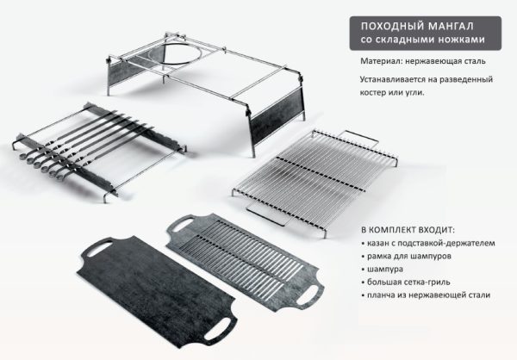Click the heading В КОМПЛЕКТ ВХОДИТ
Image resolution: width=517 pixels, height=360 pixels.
(408, 230)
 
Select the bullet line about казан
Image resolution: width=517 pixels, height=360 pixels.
(428, 243)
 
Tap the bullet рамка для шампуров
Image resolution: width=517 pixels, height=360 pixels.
(407, 256)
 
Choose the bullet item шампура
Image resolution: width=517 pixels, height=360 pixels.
(382, 269)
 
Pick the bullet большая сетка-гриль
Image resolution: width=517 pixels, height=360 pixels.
(406, 282)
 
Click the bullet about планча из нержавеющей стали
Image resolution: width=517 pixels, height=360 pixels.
(426, 295)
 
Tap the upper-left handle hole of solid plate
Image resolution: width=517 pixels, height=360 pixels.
(100, 248)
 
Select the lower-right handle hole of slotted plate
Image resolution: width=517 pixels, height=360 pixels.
(308, 295)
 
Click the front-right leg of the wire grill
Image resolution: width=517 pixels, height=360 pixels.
(325, 233)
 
